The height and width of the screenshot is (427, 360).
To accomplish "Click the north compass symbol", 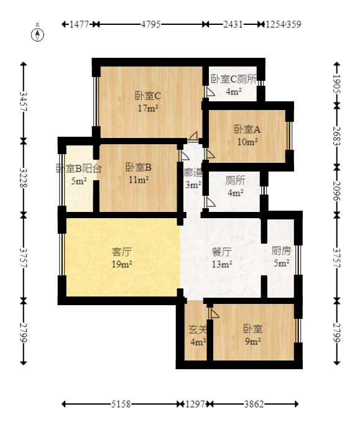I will pos(39,34).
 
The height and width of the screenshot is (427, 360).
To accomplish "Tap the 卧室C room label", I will pos(148,96).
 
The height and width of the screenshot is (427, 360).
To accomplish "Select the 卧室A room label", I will pos(247,129).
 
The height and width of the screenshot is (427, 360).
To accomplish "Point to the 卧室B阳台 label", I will pos(78,168).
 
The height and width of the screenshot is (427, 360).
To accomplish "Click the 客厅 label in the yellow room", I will pos(121,252).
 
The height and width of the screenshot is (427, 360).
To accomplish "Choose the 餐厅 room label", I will pos(222,252).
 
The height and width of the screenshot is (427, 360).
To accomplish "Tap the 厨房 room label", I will pos(281,252).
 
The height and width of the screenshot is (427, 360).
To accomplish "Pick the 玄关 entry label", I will pos(197,329).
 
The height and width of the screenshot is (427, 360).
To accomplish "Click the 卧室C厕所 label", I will pos(234,79).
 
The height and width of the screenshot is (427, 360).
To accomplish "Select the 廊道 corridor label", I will pos(193,172).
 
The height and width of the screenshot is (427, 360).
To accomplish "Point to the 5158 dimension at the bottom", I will pos(121,404).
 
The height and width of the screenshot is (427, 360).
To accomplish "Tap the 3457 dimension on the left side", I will pos(23,101).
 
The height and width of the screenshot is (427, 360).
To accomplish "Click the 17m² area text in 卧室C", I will pos(148,108).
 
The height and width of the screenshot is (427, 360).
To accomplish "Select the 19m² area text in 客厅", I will pos(121,264).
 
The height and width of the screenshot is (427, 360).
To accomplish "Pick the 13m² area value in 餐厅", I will pos(222,264).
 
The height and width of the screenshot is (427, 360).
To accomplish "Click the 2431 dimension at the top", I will pos(233,25).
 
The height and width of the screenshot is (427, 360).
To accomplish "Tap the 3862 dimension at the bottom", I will pos(254,404).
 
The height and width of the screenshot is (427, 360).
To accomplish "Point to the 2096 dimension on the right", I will pos(337,190).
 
